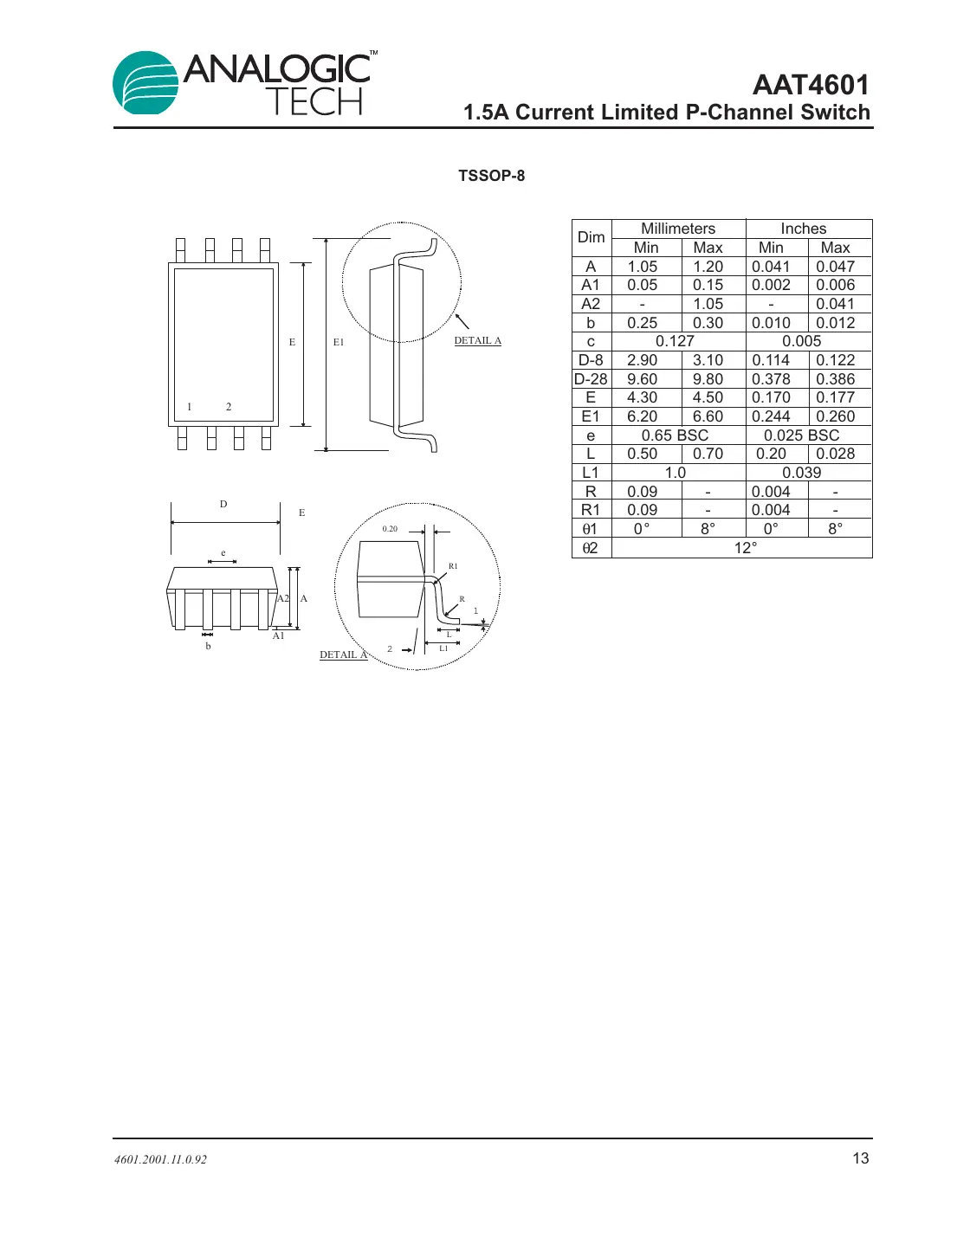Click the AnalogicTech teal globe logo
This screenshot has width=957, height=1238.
coord(146,83)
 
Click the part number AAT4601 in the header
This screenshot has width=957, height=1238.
coord(811,85)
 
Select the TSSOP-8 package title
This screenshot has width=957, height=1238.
coord(491,176)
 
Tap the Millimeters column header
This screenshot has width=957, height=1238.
coord(678,229)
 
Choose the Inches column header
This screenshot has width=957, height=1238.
coord(803,229)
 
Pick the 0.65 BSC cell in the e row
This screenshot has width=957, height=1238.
coord(675,435)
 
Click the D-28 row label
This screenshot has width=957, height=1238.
coord(591,379)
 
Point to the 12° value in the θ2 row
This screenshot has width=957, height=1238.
coord(745,548)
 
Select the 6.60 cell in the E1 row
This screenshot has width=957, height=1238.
coord(708,416)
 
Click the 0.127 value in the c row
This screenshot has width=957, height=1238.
coord(675,341)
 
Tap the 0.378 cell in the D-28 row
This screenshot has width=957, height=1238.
coord(771,379)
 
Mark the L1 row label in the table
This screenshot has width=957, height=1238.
coord(591,473)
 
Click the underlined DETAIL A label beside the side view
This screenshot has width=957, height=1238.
coord(477,341)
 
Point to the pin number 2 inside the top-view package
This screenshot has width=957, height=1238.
coord(229,407)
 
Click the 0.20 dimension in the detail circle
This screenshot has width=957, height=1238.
coord(390,529)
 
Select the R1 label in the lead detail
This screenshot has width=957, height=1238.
coord(453,566)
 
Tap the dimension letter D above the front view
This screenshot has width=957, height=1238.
coord(223,504)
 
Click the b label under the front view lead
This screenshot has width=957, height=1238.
coord(208,647)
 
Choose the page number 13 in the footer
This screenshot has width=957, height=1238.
coord(860,1158)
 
